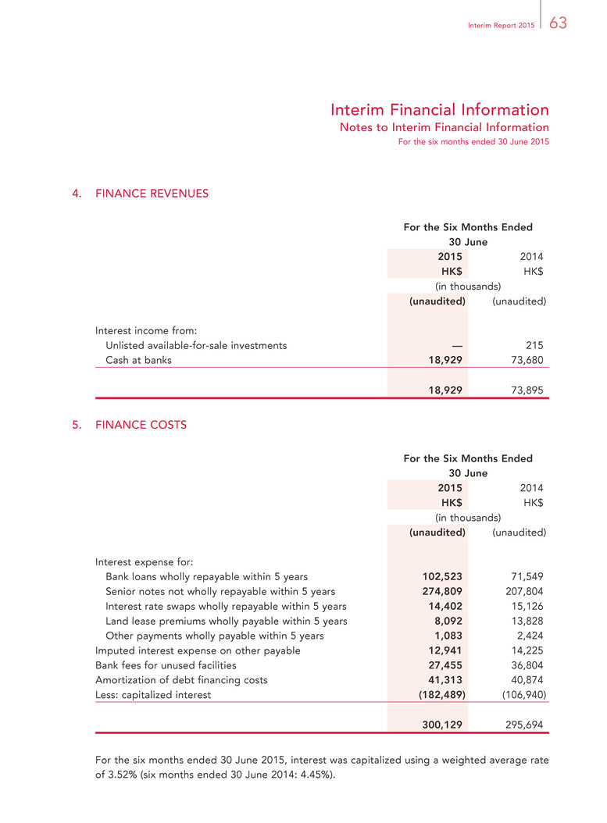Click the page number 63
coord(558,23)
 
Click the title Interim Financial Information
coord(439,109)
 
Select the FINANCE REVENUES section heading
coord(152,193)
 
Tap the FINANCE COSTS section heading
coord(141,425)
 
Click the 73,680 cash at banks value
coord(523,360)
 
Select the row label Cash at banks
coord(138,360)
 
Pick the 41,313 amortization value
coord(445,680)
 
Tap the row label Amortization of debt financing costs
coord(181,680)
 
